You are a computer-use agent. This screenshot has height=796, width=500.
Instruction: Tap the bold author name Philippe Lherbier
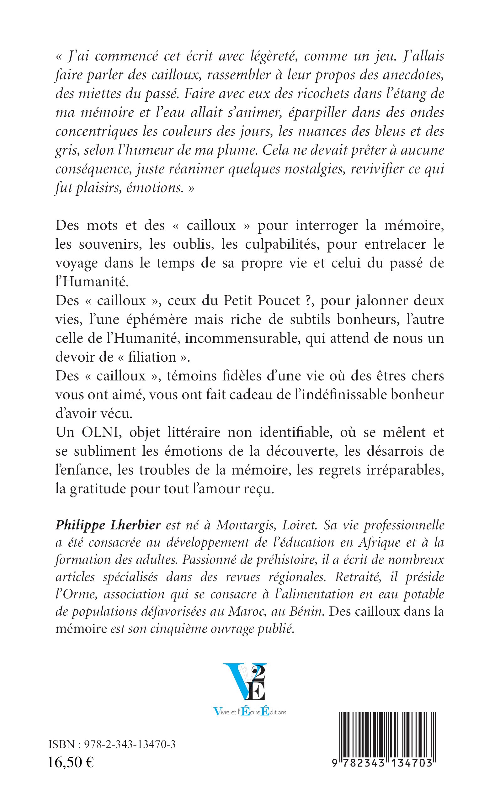click(108, 525)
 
